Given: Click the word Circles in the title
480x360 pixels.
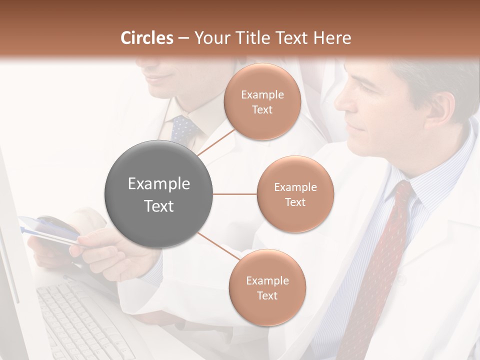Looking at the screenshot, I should click(147, 38).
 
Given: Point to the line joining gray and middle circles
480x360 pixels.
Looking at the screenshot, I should click(235, 194).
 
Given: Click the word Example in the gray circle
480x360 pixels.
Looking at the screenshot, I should click(159, 184).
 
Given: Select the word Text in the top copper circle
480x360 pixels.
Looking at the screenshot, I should click(262, 110).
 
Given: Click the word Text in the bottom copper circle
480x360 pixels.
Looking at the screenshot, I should click(267, 296).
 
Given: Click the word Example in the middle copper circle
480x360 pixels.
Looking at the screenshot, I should click(295, 187).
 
